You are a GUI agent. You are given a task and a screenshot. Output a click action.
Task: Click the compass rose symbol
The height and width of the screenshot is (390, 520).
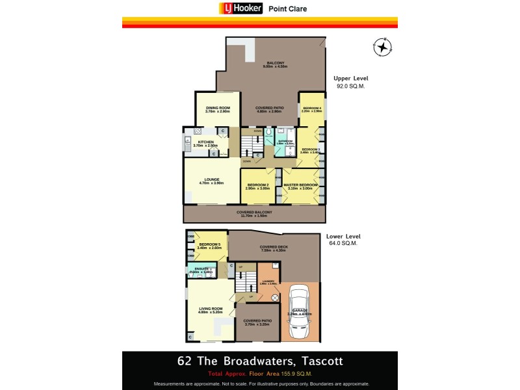pyautogui.click(x=383, y=47)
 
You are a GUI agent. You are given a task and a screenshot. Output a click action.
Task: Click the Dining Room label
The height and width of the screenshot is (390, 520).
pyautogui.click(x=218, y=110)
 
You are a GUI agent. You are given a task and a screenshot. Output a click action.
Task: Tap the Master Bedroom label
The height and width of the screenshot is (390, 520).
pyautogui.click(x=300, y=186)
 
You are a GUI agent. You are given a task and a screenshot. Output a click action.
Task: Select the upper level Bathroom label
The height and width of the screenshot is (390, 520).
pyautogui.click(x=286, y=142)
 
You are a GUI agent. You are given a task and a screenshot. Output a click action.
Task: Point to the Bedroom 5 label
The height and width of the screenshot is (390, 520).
pyautogui.click(x=210, y=246)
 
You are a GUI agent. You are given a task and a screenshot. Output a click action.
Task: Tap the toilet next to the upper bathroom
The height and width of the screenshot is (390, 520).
pyautogui.click(x=269, y=135)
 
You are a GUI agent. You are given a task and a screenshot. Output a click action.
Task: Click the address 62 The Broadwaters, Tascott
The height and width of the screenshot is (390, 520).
pyautogui.click(x=260, y=361)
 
